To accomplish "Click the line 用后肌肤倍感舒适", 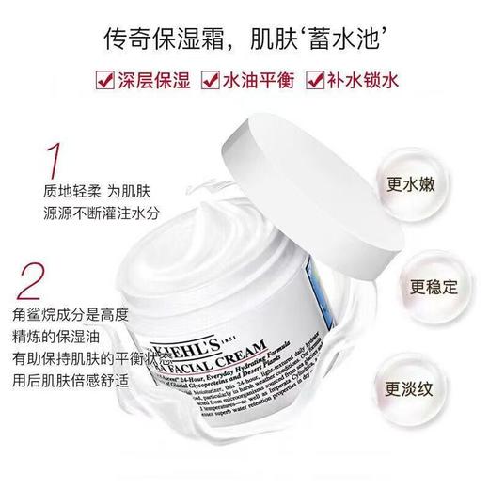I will [89, 384].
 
